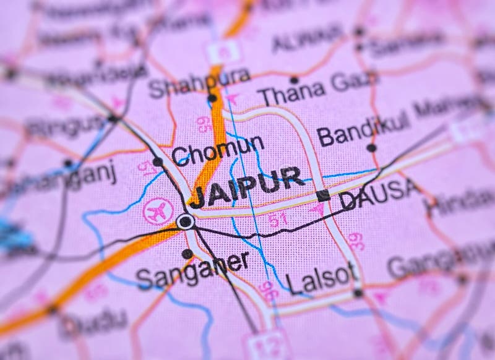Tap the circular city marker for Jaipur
point(184,221)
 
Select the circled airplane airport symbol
point(157,211)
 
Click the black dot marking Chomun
point(158,162)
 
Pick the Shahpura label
point(199,83)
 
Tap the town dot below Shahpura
point(212,98)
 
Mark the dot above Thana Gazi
point(294,80)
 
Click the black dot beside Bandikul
point(371,147)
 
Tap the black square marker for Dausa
point(322,195)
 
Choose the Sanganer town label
point(192,271)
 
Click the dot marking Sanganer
point(187,254)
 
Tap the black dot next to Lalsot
point(358,292)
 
